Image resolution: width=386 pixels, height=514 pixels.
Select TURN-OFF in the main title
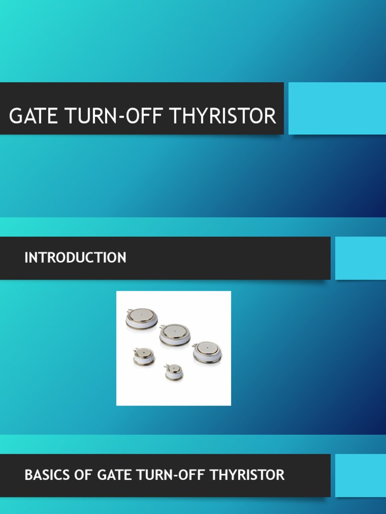click(x=111, y=116)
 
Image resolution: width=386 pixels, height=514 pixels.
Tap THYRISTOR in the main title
click(x=223, y=116)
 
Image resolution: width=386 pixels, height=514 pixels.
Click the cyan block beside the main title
click(x=337, y=108)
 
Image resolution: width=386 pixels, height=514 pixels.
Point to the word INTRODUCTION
click(x=75, y=258)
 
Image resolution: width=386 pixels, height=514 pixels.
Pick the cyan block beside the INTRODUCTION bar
click(x=360, y=258)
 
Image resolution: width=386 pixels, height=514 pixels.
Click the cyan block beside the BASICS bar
click(x=360, y=475)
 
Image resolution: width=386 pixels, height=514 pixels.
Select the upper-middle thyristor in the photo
click(x=174, y=334)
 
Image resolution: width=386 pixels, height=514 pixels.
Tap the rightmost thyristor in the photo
click(x=207, y=351)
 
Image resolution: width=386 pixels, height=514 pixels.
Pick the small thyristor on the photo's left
click(x=144, y=356)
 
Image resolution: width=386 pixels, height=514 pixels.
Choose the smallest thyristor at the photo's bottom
click(x=174, y=372)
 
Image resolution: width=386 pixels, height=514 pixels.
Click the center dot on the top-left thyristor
click(x=142, y=315)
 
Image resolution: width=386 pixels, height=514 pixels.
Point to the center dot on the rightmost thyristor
click(x=208, y=347)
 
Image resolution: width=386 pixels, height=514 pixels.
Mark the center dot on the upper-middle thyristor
click(x=174, y=331)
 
